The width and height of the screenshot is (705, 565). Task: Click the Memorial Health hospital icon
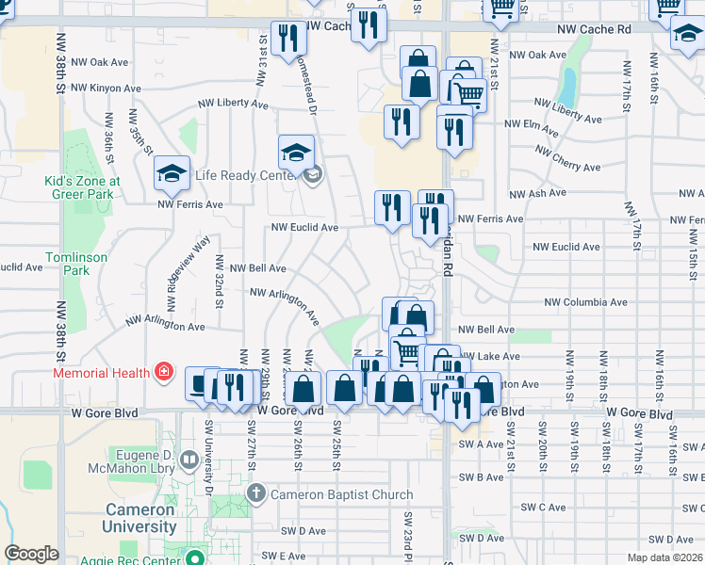pos(165,372)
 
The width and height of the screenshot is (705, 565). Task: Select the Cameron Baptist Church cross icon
pos(255,493)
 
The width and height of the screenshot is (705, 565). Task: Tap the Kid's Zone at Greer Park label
pos(82,187)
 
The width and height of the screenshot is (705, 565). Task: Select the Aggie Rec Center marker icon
pos(196,556)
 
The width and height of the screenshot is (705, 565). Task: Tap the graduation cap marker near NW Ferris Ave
pos(172,172)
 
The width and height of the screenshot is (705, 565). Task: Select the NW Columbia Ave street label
pos(584,303)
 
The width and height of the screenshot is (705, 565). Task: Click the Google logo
pos(31,554)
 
